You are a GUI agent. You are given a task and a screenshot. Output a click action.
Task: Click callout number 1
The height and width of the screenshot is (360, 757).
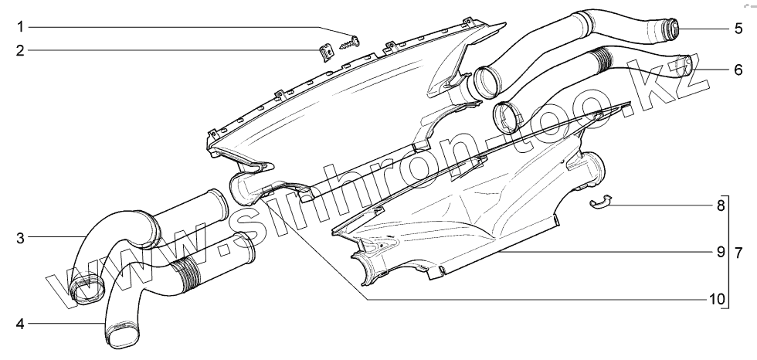[x=21, y=28]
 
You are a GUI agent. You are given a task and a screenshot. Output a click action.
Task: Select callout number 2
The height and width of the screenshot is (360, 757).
[x=21, y=51]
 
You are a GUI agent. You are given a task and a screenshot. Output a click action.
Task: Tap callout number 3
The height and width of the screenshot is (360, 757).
[x=21, y=236]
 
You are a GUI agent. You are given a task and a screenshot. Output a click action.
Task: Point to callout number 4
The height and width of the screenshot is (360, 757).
[x=21, y=323]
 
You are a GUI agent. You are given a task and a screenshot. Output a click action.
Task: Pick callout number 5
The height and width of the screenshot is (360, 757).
[x=738, y=29]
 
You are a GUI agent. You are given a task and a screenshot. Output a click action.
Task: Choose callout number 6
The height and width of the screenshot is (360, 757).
[x=738, y=70]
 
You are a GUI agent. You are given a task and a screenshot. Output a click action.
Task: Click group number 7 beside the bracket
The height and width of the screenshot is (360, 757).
[x=739, y=252]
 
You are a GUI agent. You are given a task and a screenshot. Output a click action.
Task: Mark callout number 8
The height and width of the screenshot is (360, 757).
[x=720, y=206]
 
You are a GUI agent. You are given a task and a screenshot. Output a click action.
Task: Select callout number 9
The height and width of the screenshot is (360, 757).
[x=720, y=252]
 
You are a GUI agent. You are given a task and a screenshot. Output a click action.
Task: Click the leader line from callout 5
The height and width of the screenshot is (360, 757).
[x=703, y=29]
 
